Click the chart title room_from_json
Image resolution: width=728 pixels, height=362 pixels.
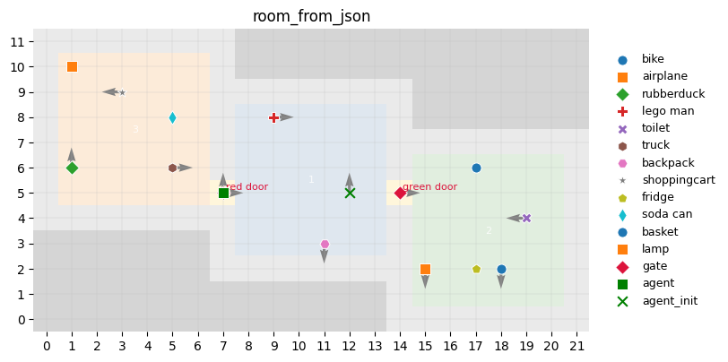311,16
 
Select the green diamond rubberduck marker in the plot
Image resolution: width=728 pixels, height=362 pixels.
72,168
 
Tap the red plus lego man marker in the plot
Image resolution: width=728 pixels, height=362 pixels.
273,117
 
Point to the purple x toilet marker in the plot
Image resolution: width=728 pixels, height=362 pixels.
526,218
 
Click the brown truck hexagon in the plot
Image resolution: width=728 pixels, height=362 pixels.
172,168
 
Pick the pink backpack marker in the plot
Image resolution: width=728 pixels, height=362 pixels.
325,244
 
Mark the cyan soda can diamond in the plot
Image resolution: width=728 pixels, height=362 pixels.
172,117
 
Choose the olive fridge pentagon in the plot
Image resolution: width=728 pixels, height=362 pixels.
476,269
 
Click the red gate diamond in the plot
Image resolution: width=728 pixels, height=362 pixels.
400,193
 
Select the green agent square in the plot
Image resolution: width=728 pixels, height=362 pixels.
223,193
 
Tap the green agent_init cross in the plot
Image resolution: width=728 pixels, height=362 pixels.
350,193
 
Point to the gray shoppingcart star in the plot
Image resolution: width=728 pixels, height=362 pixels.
122,92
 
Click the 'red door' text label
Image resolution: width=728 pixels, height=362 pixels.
247,187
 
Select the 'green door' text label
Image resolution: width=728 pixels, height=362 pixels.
429,187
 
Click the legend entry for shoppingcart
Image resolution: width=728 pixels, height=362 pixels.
678,180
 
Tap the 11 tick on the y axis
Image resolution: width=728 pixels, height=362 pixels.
16,41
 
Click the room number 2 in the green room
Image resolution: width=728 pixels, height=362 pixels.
489,231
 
